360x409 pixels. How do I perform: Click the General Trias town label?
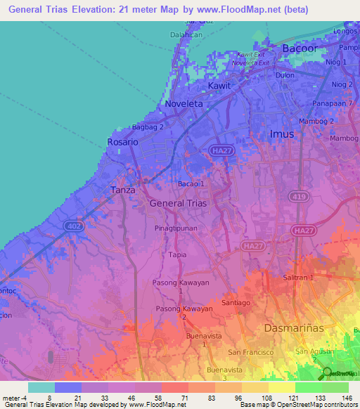tap(179, 202)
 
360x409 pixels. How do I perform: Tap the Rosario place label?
tap(123, 142)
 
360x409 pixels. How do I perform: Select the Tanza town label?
tap(122, 190)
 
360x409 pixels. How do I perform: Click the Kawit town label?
tap(219, 86)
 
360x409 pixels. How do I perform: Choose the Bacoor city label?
tap(300, 48)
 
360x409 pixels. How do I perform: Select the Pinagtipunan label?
tap(176, 229)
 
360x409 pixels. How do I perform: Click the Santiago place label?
tap(236, 302)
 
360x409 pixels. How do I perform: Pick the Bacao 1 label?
tap(191, 184)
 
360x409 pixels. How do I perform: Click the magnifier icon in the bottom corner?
tap(327, 372)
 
